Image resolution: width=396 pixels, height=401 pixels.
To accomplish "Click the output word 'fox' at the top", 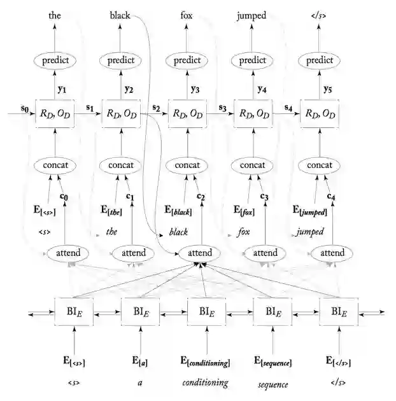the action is pyautogui.click(x=187, y=15).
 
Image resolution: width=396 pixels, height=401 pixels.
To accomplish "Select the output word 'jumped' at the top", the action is pyautogui.click(x=253, y=15).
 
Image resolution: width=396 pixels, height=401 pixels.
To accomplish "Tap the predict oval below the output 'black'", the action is pyautogui.click(x=121, y=60).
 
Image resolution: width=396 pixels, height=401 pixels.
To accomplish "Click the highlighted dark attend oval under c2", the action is pyautogui.click(x=197, y=253).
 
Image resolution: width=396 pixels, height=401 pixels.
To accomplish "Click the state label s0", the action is pyautogui.click(x=25, y=108).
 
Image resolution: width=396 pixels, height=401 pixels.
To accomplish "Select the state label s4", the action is pyautogui.click(x=288, y=108).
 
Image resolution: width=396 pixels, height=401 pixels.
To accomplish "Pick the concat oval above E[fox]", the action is pyautogui.click(x=253, y=165).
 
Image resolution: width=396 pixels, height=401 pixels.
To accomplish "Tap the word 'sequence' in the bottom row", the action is pyautogui.click(x=273, y=384).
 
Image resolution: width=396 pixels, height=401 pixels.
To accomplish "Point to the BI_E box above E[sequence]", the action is pyautogui.click(x=272, y=312).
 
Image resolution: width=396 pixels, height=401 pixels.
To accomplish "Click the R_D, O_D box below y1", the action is pyautogui.click(x=54, y=114).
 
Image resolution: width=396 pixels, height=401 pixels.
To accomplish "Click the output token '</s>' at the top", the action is pyautogui.click(x=319, y=15).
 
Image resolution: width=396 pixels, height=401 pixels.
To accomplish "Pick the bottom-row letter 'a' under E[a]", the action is pyautogui.click(x=139, y=384).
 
